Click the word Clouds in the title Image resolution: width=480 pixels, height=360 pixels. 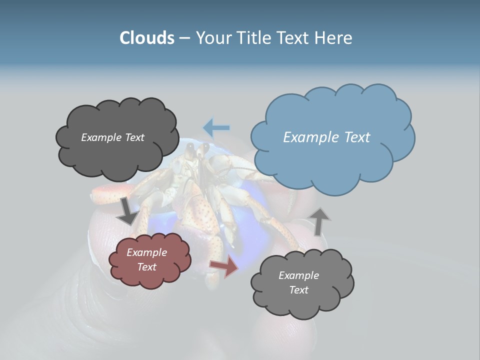(146, 38)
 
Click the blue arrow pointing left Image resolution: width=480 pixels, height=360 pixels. (216, 128)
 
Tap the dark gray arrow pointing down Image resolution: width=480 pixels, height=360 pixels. (127, 211)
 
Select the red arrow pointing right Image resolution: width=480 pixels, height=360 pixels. (224, 267)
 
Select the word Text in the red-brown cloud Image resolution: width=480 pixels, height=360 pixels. (147, 267)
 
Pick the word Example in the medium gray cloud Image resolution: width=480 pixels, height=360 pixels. (298, 275)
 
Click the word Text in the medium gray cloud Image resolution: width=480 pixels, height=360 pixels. (298, 290)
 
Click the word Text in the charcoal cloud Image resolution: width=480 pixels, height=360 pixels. (134, 137)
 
